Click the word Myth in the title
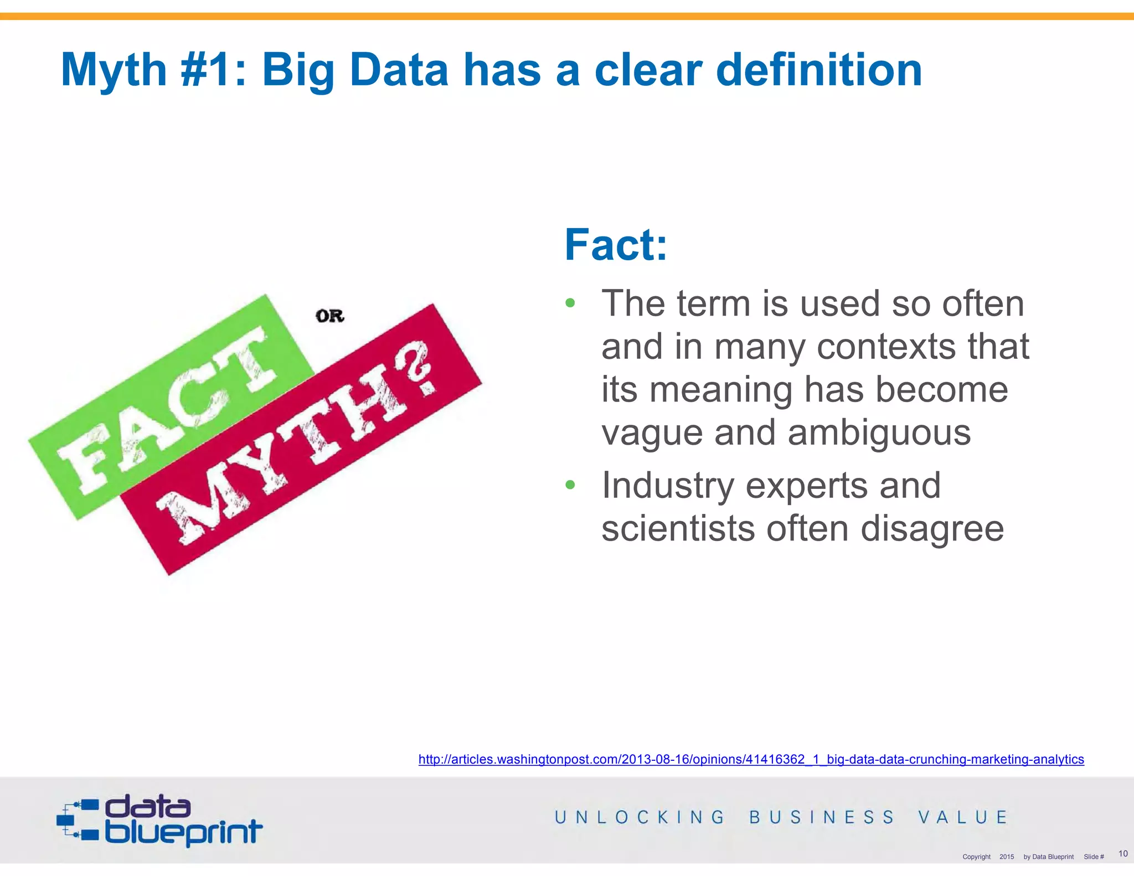[114, 70]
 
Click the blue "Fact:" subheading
[616, 245]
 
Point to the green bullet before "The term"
[570, 303]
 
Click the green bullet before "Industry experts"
[570, 485]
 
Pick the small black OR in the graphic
[330, 316]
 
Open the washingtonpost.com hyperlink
[751, 759]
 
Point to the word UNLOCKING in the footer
[640, 817]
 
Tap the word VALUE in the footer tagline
[963, 817]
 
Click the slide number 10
[1123, 853]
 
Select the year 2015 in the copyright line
[1007, 857]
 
